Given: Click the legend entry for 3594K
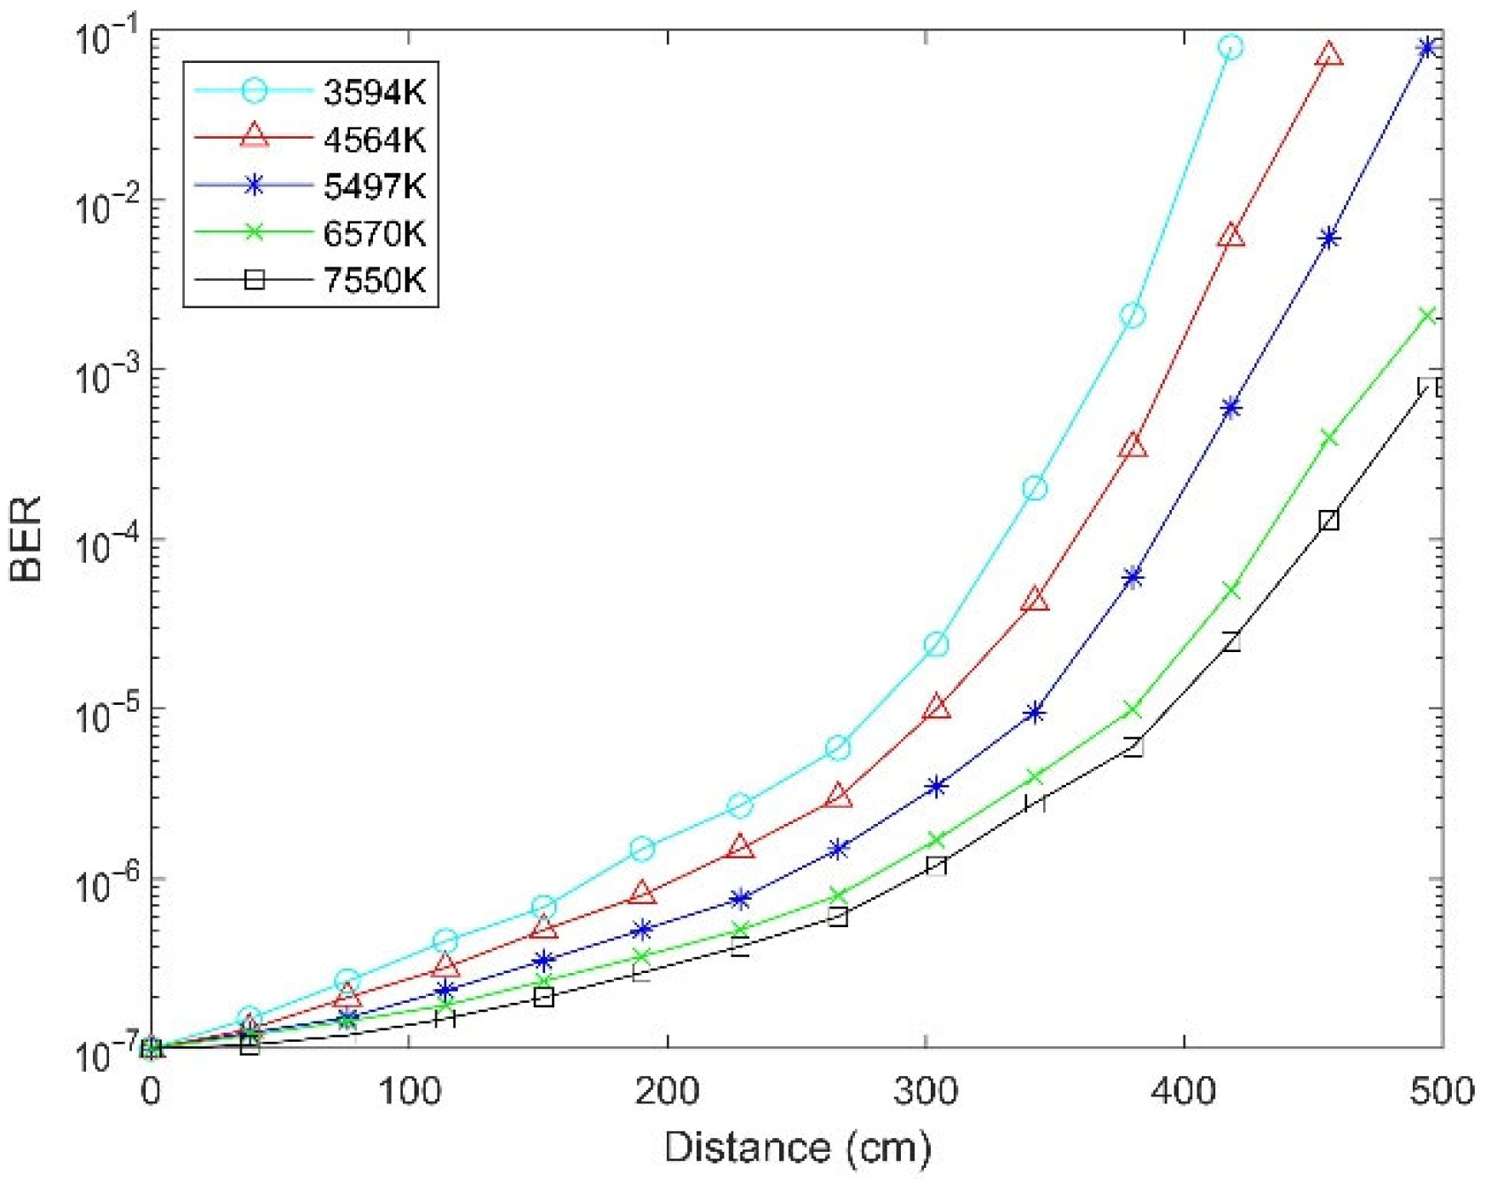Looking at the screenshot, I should (374, 92).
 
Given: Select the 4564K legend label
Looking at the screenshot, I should (374, 139).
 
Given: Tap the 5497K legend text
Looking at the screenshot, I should (374, 186).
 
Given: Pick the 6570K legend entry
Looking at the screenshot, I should (374, 232).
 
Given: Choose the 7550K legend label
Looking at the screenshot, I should (374, 279).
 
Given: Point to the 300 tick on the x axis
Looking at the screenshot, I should (926, 1090).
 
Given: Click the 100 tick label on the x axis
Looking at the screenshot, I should (410, 1090).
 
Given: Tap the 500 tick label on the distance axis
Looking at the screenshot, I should (1442, 1090).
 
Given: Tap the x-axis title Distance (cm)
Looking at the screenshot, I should (797, 1147).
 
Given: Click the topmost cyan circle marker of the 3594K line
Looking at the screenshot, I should (1230, 47).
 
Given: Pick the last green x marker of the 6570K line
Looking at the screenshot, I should (1428, 316).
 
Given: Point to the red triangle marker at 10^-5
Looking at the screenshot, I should (937, 707).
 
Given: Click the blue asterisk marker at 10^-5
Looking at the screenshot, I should (1035, 713).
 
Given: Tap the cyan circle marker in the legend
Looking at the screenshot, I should (254, 91).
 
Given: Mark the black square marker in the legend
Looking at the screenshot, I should (254, 279).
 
